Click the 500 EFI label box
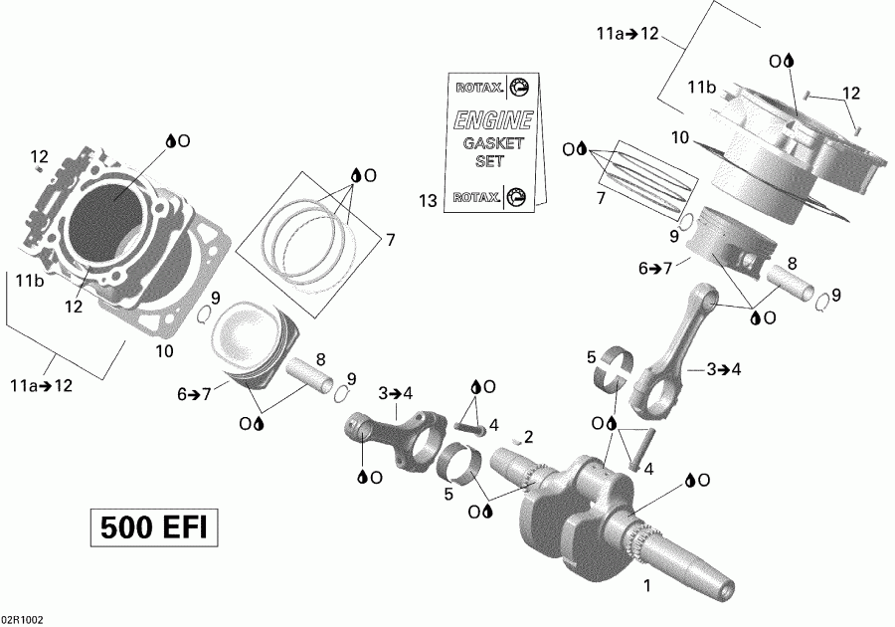[x=154, y=527]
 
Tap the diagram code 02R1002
[x=23, y=619]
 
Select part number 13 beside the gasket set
[x=428, y=202]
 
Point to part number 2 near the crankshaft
[x=529, y=436]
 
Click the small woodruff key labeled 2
[x=516, y=439]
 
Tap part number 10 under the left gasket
[x=164, y=350]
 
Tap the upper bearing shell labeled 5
[x=617, y=367]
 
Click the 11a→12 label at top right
[x=627, y=34]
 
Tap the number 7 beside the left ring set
[x=390, y=240]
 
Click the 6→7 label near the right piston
[x=656, y=268]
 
